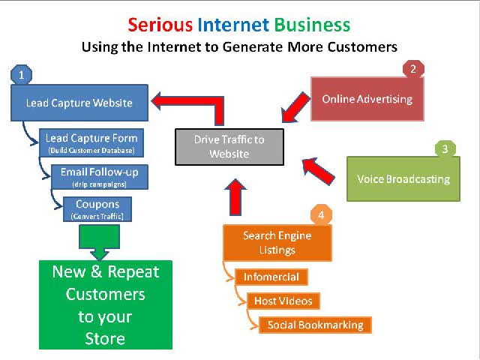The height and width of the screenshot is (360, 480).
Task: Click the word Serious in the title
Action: [x=160, y=25]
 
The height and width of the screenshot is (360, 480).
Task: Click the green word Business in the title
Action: [x=312, y=25]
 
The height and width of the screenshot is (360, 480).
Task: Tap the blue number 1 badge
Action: [x=22, y=74]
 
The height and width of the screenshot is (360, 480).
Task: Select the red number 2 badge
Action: [x=413, y=69]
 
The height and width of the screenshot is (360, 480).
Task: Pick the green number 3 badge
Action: [x=445, y=148]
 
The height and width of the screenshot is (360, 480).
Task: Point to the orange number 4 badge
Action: [x=321, y=215]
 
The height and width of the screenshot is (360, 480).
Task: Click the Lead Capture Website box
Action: [x=79, y=103]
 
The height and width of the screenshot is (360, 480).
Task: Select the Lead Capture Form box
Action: [x=91, y=143]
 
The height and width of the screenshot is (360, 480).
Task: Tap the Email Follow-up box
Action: [x=100, y=177]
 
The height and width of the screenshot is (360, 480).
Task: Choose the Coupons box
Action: [x=97, y=209]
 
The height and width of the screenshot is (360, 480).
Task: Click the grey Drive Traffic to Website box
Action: [x=229, y=147]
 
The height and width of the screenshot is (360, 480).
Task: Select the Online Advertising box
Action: [x=367, y=99]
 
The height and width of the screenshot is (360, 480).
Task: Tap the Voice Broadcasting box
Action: [x=403, y=179]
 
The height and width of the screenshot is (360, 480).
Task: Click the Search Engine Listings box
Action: [x=277, y=243]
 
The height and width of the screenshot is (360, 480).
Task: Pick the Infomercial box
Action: [x=271, y=277]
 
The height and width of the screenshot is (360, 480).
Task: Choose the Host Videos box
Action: [x=283, y=301]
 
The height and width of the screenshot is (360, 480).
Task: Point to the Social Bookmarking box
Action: [x=316, y=325]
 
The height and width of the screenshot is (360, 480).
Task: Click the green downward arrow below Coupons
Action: [x=99, y=242]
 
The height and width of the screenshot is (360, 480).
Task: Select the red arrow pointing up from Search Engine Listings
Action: [x=235, y=197]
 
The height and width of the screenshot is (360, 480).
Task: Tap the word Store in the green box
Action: [x=105, y=339]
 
